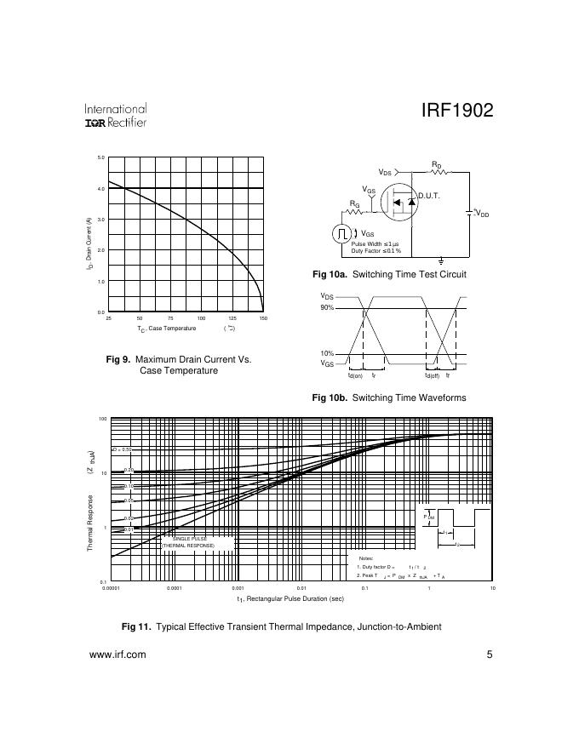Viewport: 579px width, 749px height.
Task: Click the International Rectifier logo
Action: [115, 116]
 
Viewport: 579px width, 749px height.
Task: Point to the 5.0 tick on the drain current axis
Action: [100, 157]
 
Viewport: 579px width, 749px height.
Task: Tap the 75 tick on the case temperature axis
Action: [170, 318]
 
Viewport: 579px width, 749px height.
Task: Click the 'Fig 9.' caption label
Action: [118, 360]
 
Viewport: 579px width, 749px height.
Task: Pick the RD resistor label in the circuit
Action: [436, 164]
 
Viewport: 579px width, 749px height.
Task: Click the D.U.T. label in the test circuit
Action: [428, 197]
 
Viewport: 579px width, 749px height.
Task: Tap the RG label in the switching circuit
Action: [354, 203]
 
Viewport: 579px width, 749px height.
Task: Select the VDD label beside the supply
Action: [482, 214]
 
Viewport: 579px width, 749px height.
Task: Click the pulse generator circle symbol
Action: [341, 234]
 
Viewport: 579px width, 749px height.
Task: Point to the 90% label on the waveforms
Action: [327, 308]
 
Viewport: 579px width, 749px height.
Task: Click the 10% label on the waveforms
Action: [327, 353]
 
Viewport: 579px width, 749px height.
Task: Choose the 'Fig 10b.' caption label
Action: [330, 397]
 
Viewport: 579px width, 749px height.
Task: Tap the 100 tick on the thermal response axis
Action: [102, 420]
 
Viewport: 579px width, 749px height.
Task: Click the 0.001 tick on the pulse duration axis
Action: [238, 588]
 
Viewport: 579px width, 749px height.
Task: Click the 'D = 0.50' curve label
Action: [123, 449]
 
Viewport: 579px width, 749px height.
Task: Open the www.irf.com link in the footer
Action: [118, 655]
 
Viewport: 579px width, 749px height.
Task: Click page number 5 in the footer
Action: [490, 655]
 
